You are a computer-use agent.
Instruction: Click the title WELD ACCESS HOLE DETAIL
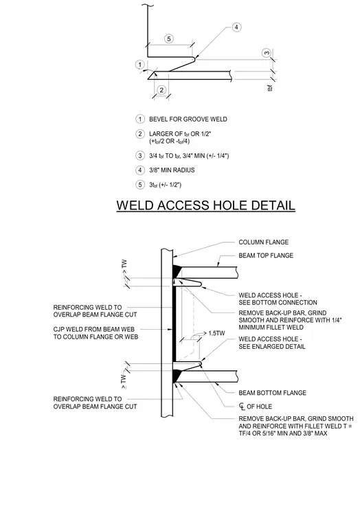click(205, 205)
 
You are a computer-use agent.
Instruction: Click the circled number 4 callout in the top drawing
click(236, 27)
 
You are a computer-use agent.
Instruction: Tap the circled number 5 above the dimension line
click(169, 39)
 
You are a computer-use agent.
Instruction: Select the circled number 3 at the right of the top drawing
click(267, 53)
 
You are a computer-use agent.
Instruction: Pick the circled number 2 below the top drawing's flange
click(161, 90)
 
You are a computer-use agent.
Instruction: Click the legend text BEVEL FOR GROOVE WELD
click(188, 120)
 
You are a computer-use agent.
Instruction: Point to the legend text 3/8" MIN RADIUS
click(172, 170)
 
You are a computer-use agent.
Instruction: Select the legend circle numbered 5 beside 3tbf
click(140, 185)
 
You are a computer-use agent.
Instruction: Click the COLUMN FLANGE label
click(263, 242)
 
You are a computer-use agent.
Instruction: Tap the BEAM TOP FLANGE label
click(266, 256)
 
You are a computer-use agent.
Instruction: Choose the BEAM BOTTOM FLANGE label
click(272, 393)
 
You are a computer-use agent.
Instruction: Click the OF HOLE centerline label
click(256, 407)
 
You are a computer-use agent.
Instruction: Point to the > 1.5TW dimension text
click(214, 333)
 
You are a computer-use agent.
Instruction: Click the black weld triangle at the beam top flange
click(177, 271)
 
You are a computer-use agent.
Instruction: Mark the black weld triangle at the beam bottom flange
click(177, 376)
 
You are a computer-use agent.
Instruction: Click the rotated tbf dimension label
click(270, 88)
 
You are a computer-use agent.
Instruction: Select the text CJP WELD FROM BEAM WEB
click(93, 329)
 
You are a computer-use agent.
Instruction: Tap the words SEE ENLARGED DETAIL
click(272, 347)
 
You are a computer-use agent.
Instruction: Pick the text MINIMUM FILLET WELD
click(271, 327)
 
